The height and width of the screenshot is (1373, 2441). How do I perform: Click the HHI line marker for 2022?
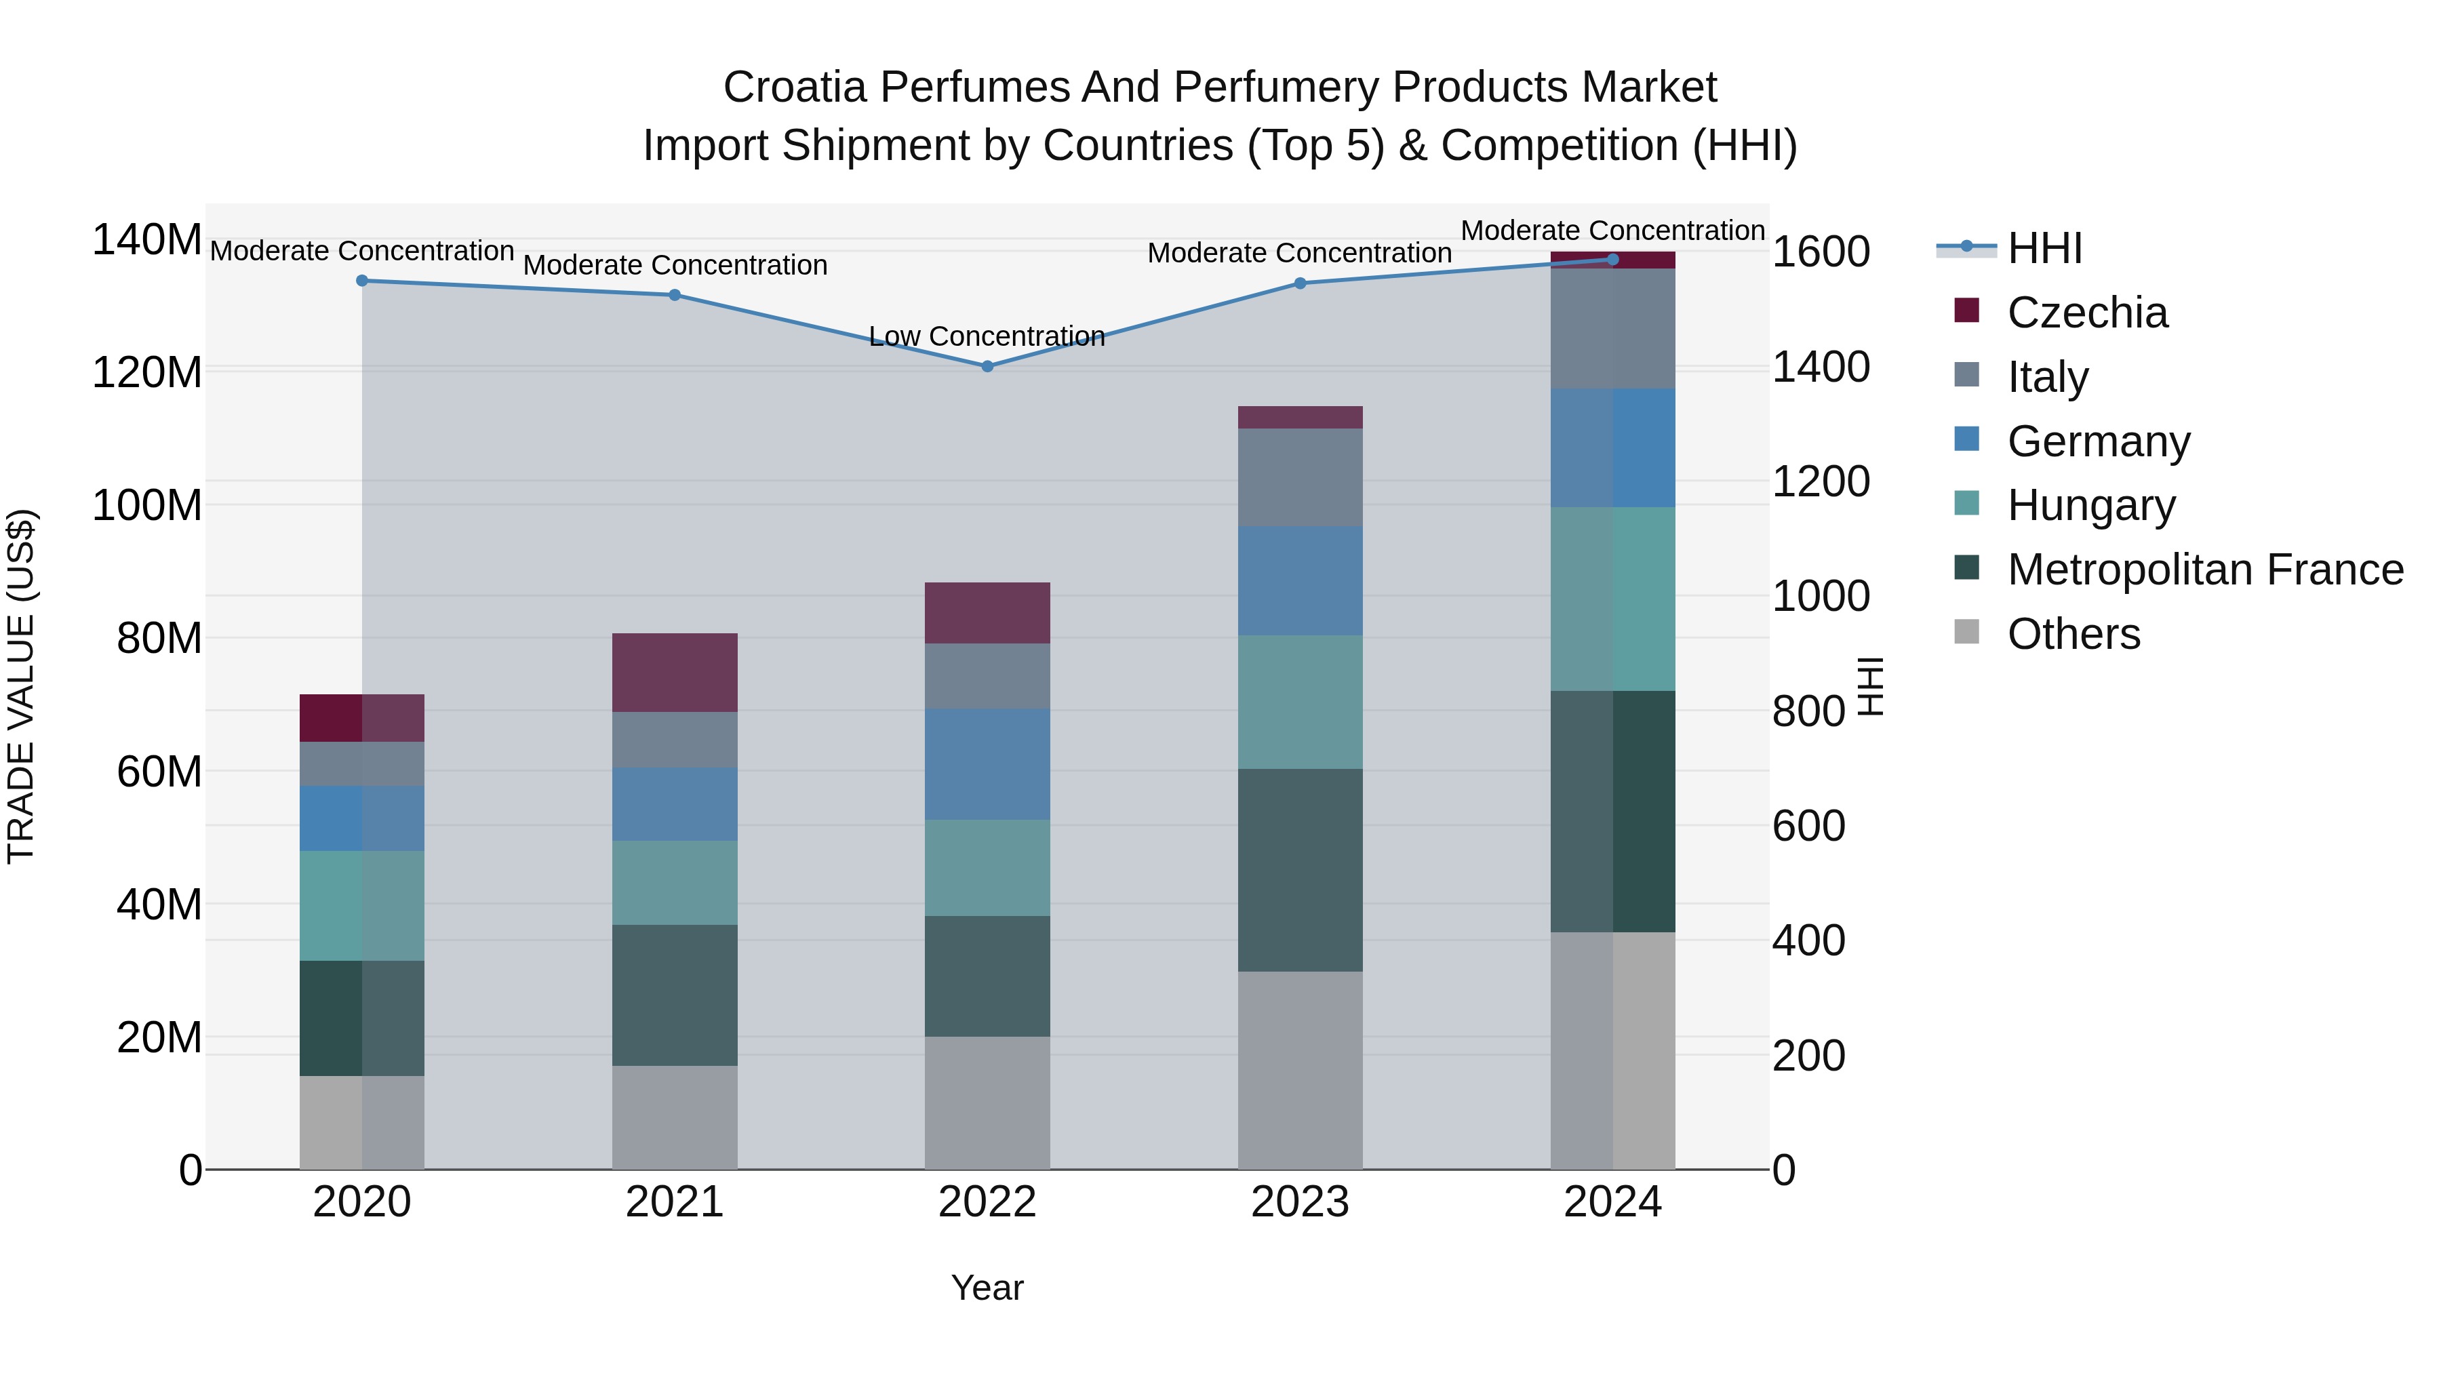click(987, 365)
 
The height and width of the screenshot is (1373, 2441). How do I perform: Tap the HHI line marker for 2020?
click(362, 281)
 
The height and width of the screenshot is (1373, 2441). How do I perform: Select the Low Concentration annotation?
click(987, 336)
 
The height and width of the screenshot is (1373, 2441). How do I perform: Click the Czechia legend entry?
click(2086, 313)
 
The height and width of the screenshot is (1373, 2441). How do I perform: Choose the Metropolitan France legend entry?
click(2204, 570)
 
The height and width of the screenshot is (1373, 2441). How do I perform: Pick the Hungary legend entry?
click(2090, 505)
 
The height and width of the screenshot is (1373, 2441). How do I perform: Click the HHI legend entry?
click(2043, 248)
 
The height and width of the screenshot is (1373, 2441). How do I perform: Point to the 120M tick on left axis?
click(147, 372)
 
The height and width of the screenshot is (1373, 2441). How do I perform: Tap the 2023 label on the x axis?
click(1299, 1201)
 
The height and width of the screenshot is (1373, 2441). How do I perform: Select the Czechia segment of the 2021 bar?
click(675, 672)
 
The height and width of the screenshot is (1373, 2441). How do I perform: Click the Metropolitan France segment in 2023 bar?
click(1299, 869)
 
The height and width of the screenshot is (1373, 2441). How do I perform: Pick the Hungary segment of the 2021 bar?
click(675, 882)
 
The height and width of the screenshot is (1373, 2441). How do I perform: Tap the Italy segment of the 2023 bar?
click(1299, 477)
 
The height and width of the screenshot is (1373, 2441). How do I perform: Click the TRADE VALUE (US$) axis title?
click(21, 686)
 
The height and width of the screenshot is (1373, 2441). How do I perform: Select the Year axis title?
click(987, 1288)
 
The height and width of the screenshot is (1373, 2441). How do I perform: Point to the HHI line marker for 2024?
click(1613, 260)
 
